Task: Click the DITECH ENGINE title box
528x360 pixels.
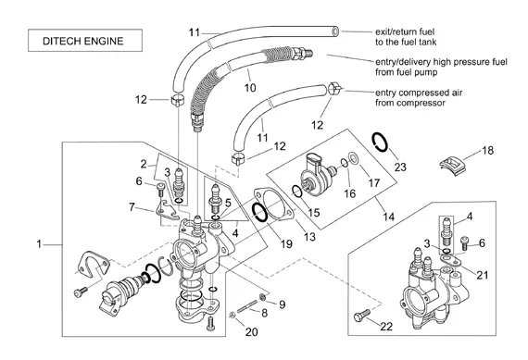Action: point(85,41)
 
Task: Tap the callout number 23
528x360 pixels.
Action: point(400,167)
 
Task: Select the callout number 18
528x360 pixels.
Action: point(487,150)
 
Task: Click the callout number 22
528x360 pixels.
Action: point(386,326)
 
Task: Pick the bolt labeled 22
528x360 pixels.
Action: point(361,315)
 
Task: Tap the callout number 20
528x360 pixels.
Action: point(251,331)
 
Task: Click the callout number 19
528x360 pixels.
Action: point(286,243)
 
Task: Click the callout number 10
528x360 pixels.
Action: point(250,88)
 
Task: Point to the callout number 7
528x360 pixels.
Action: point(132,207)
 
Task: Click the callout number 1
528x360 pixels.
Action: point(39,243)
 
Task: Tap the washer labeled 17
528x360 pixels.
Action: point(354,157)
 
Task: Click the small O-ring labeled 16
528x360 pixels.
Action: point(345,163)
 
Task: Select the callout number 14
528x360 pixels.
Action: point(389,217)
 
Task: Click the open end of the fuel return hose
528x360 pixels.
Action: point(335,31)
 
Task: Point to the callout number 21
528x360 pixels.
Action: point(483,275)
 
